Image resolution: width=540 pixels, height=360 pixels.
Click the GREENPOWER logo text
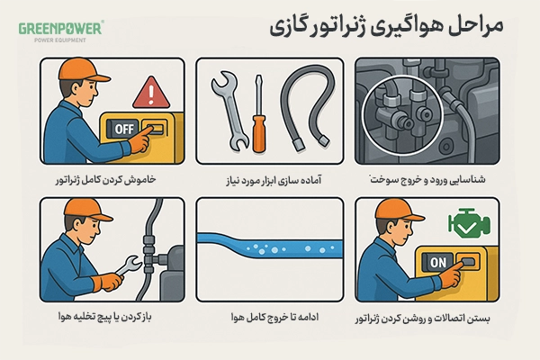[60, 28]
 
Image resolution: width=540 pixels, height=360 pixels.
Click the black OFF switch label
[123, 130]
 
